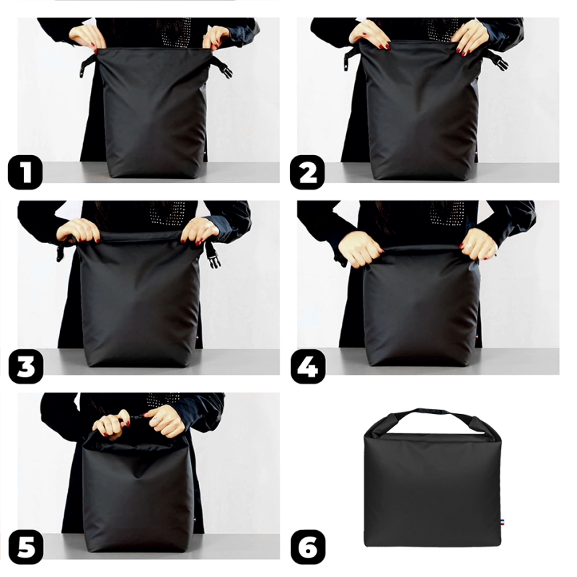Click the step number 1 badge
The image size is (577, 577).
26,173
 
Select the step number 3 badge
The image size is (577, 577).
26,365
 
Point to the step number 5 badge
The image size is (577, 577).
26,548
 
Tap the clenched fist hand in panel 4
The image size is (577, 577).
358,248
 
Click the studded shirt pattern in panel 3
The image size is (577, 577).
168,213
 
